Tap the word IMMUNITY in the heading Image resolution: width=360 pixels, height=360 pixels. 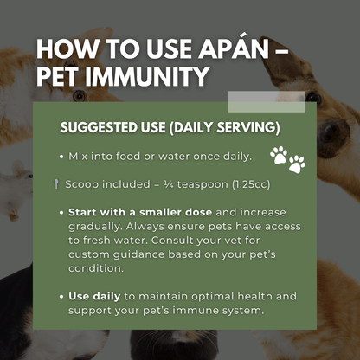pos(152,77)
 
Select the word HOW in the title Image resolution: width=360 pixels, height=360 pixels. pos(63,48)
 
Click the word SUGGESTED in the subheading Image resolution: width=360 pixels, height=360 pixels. pos(98,128)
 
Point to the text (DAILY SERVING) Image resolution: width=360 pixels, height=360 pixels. pos(224,128)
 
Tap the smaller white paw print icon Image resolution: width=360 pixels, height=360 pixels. pos(297,164)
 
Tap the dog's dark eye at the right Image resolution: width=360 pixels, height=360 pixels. pos(330,132)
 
